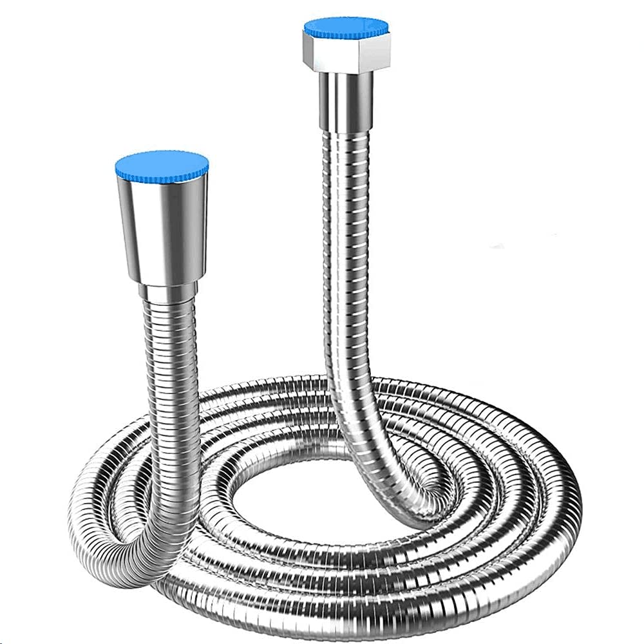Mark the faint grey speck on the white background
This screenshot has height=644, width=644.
tap(496, 246)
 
